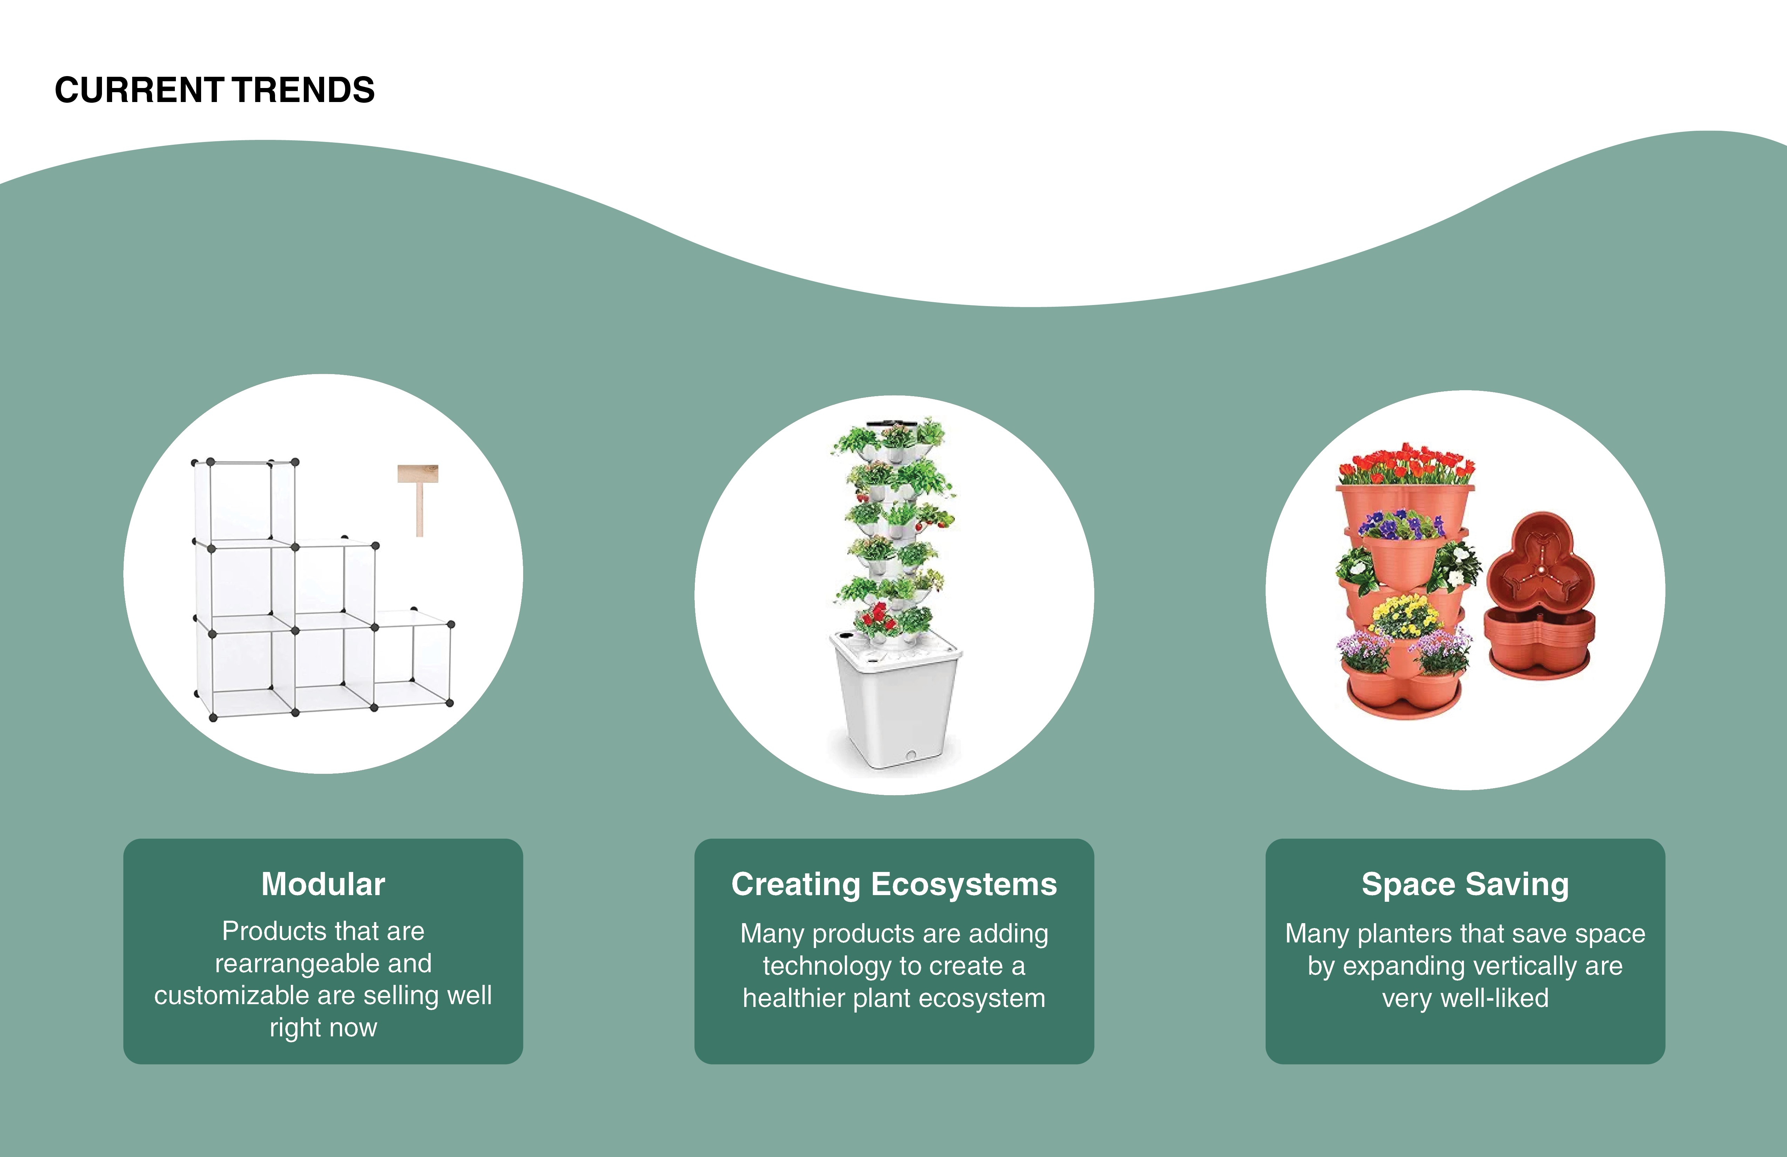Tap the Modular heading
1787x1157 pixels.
(x=323, y=884)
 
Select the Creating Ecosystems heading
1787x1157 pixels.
(x=893, y=884)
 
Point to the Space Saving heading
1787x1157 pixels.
(x=1465, y=884)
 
